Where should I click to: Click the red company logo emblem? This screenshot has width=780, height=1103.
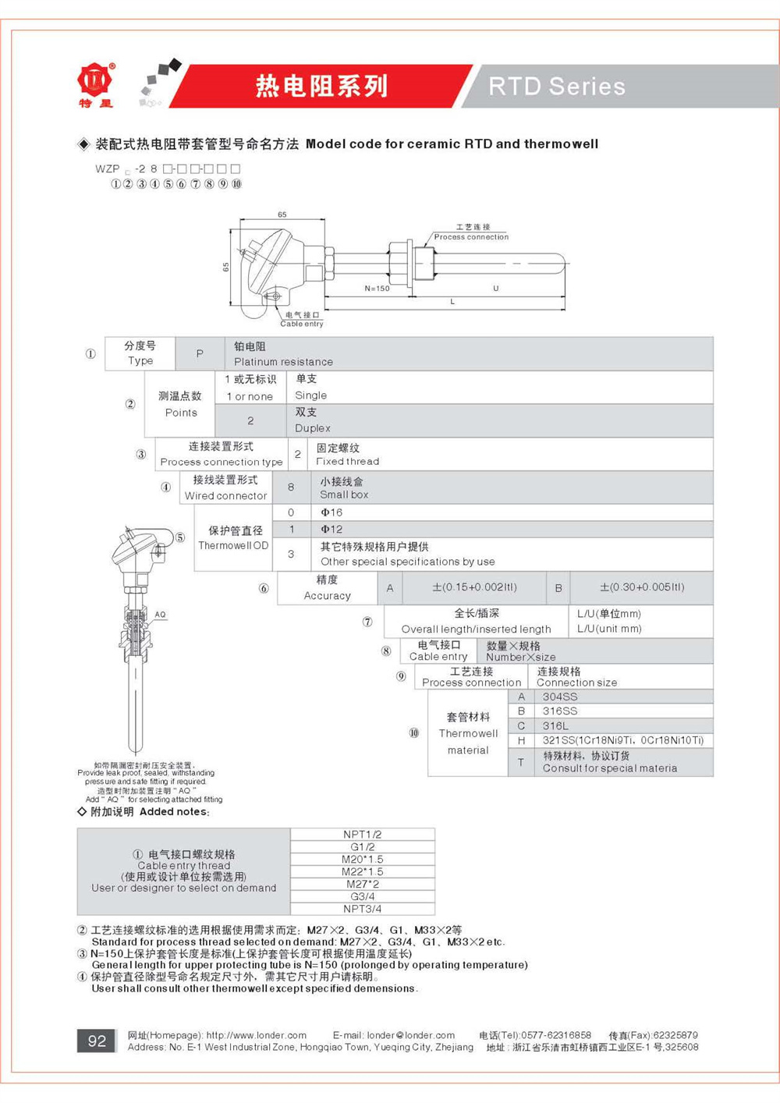tap(95, 80)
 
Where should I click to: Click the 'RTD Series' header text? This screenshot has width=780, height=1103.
tap(557, 86)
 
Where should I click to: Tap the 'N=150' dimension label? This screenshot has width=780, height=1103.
tap(377, 289)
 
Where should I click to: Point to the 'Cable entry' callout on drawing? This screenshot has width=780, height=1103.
tap(302, 323)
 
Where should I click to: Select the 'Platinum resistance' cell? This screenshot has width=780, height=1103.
tap(283, 362)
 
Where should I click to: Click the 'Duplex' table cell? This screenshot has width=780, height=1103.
tap(313, 428)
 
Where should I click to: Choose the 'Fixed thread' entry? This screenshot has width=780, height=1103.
tap(348, 461)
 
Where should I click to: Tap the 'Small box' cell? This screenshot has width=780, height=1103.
tap(344, 495)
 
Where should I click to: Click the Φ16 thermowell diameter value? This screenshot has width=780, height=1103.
tap(331, 512)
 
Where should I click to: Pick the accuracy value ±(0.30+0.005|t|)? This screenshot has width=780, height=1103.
tap(641, 587)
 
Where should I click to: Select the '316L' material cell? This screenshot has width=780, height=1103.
tap(556, 725)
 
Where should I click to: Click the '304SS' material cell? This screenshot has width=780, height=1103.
tap(560, 697)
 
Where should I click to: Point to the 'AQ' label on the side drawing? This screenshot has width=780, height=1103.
tap(160, 615)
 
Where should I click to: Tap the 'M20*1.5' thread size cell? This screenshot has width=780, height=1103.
tap(363, 859)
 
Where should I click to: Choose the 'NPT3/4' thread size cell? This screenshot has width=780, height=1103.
tap(363, 909)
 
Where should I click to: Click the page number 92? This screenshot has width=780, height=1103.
tap(97, 1041)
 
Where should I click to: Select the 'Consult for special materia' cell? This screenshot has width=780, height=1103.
tap(610, 768)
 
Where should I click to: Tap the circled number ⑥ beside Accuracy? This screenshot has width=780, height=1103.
tap(264, 588)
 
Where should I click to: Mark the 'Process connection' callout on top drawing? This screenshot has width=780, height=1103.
tap(471, 237)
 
